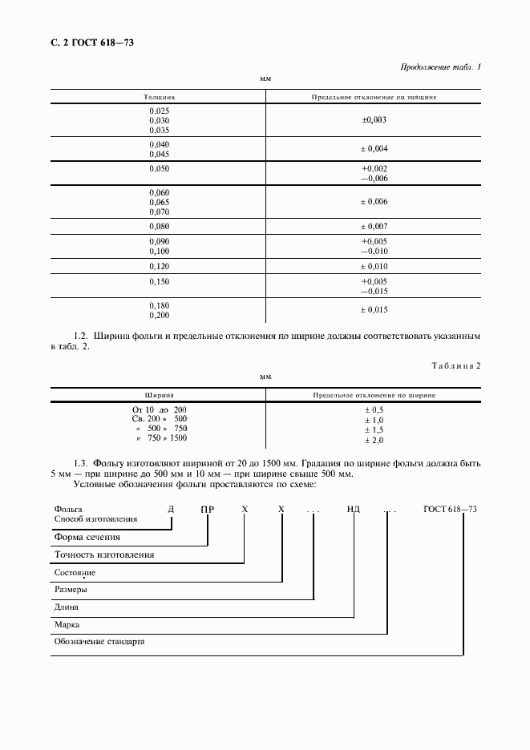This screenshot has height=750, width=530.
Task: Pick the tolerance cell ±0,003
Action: point(374,119)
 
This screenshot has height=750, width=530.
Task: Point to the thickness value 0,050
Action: point(160,169)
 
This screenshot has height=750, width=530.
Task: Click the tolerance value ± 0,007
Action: point(374,227)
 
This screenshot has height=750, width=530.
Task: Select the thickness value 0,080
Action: point(160,227)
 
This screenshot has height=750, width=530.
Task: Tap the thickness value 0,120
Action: point(160,265)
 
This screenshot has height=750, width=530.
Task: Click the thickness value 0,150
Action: point(160,281)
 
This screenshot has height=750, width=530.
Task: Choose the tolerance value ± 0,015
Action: point(374,310)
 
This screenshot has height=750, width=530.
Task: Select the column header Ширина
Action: point(159,395)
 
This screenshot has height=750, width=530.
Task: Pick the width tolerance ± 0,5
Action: point(374,409)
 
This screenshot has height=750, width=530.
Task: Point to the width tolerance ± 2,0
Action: point(374,440)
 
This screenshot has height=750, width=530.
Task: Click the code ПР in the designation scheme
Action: point(207,509)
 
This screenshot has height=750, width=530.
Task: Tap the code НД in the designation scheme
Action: point(353,509)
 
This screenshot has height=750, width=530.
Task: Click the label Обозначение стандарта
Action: point(99,642)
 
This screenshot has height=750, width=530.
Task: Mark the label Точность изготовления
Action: point(103,554)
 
